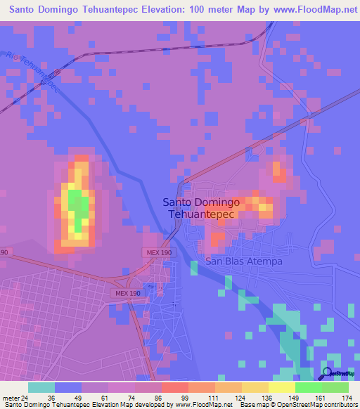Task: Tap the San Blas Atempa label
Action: click(243, 261)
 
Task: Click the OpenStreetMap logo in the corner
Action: click(337, 375)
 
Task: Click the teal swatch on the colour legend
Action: click(41, 387)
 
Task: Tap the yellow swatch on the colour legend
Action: click(281, 387)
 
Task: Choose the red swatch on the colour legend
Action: click(174, 387)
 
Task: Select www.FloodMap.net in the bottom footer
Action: click(203, 405)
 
